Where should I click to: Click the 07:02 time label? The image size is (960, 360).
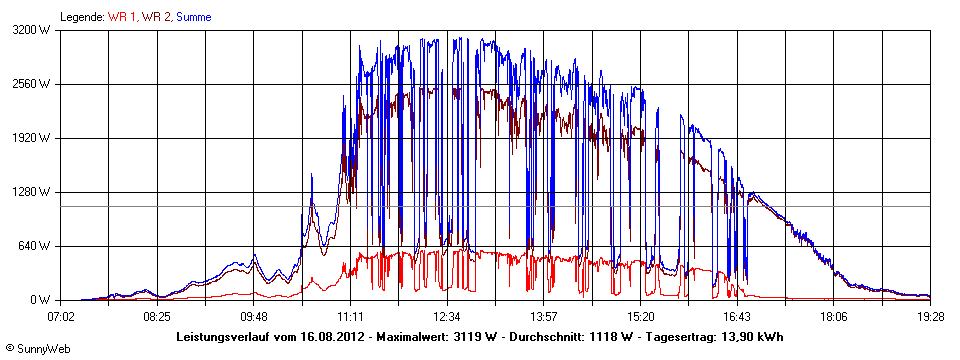62,316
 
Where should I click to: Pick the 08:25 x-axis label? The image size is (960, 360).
156,316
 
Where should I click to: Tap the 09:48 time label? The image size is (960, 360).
253,316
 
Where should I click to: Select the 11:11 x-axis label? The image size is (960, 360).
350,316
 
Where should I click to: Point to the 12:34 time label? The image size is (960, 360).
446,316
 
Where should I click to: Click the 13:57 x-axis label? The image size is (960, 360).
543,316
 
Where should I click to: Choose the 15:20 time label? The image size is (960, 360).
640,316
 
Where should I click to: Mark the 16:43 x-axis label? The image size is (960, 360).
737,316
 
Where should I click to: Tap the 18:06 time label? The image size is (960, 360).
833,316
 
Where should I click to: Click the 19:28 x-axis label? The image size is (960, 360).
929,316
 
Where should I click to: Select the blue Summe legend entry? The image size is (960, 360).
193,17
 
